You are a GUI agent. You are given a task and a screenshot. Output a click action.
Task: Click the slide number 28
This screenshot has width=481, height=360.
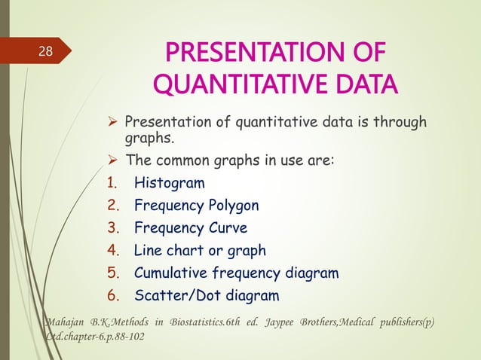pyautogui.click(x=46, y=52)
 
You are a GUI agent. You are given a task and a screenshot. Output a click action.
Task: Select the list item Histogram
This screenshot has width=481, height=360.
pyautogui.click(x=169, y=182)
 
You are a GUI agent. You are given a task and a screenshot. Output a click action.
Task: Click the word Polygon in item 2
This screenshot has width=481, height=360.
pyautogui.click(x=232, y=205)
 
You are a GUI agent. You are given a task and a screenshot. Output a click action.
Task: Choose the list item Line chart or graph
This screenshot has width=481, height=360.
pyautogui.click(x=200, y=250)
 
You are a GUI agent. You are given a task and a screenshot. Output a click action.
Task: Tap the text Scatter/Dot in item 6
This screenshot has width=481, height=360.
pyautogui.click(x=171, y=295)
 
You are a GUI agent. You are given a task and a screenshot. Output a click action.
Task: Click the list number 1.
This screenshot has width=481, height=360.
pyautogui.click(x=111, y=182)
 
